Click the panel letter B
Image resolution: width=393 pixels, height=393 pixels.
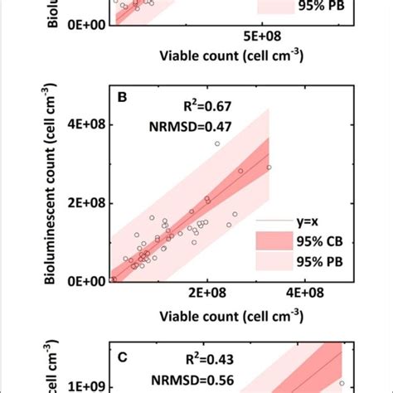click(122, 98)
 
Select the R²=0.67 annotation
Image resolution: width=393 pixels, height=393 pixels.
click(204, 106)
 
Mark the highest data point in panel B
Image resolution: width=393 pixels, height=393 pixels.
click(217, 143)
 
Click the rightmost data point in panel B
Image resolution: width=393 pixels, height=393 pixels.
click(269, 167)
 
